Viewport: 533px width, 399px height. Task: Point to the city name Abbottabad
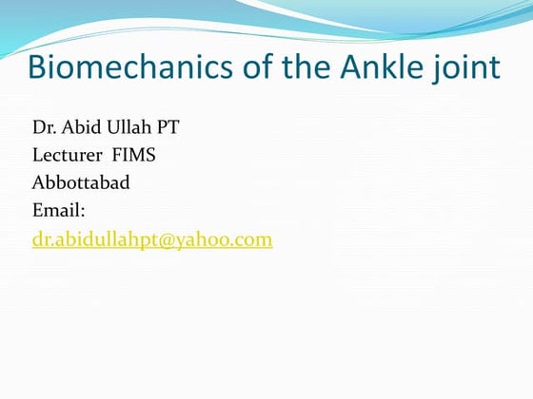tap(81, 183)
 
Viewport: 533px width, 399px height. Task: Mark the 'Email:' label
tap(59, 211)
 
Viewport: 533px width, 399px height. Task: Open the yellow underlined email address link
tap(152, 240)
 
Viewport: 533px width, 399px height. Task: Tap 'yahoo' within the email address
tap(211, 240)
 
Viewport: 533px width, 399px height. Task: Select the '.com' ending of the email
tap(255, 240)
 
